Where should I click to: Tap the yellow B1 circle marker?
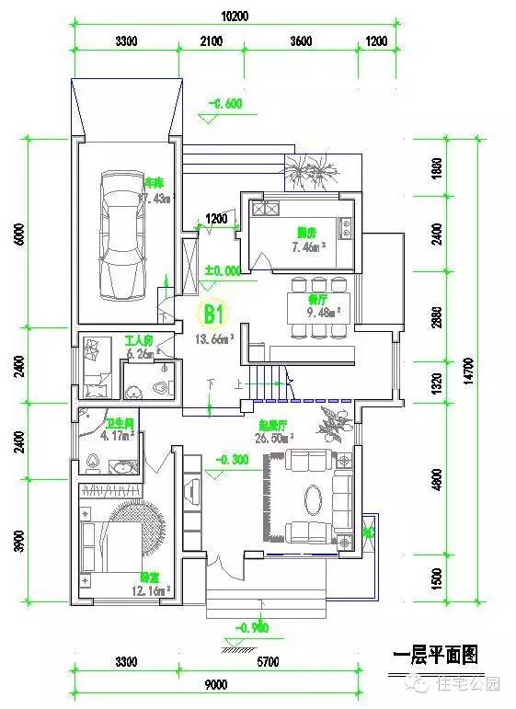pyautogui.click(x=213, y=314)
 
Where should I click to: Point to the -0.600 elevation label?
pyautogui.click(x=225, y=104)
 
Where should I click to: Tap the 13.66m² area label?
pyautogui.click(x=214, y=337)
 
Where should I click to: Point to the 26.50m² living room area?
pyautogui.click(x=278, y=439)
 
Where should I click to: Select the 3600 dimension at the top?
pyautogui.click(x=299, y=41)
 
